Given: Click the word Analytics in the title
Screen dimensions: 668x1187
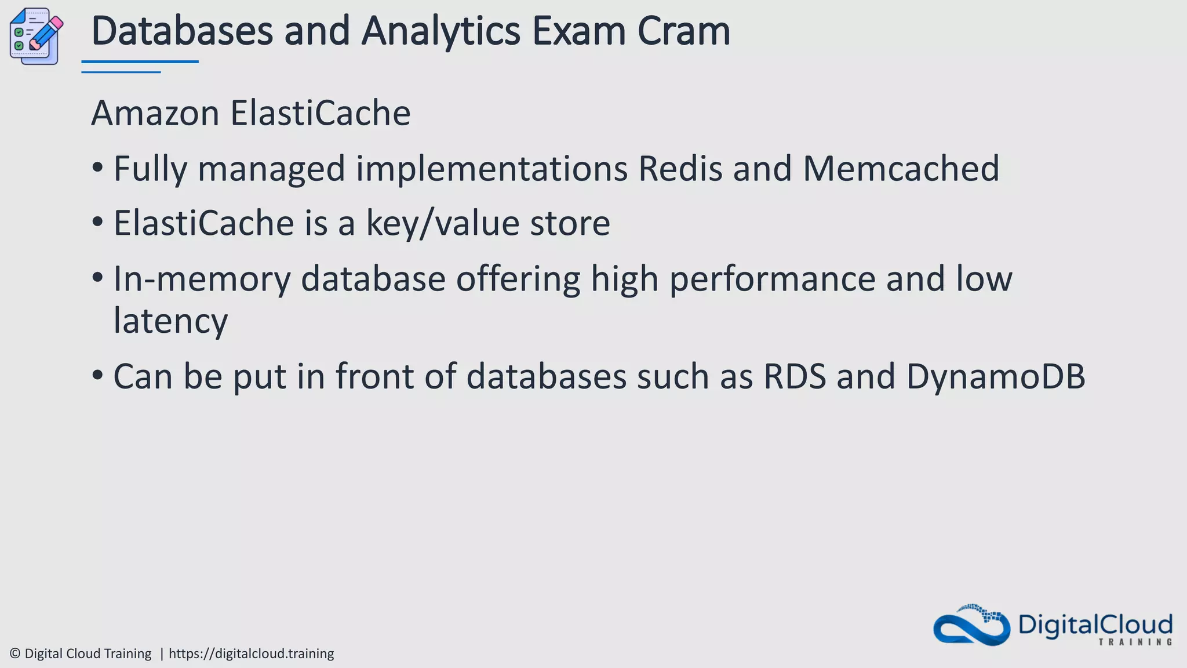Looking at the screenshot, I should pyautogui.click(x=440, y=31).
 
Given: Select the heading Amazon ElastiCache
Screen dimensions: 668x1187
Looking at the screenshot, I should pyautogui.click(x=250, y=113).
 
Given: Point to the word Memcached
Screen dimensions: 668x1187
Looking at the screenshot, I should pyautogui.click(x=901, y=169).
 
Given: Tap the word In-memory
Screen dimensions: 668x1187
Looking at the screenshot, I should pyautogui.click(x=202, y=279).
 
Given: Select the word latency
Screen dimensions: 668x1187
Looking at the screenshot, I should pyautogui.click(x=170, y=321).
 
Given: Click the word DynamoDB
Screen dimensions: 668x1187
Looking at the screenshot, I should pyautogui.click(x=995, y=376).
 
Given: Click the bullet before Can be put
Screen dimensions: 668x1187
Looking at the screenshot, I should pyautogui.click(x=97, y=376).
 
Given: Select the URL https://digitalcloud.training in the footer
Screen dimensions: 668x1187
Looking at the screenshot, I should pyautogui.click(x=251, y=654).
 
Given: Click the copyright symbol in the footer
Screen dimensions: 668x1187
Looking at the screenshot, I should pyautogui.click(x=15, y=654).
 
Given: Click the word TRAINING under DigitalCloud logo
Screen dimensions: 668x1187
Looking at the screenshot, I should pyautogui.click(x=1135, y=642).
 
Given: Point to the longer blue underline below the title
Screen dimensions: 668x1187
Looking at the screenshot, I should pyautogui.click(x=140, y=61).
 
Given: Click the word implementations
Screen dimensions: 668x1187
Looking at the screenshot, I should pyautogui.click(x=491, y=169).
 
